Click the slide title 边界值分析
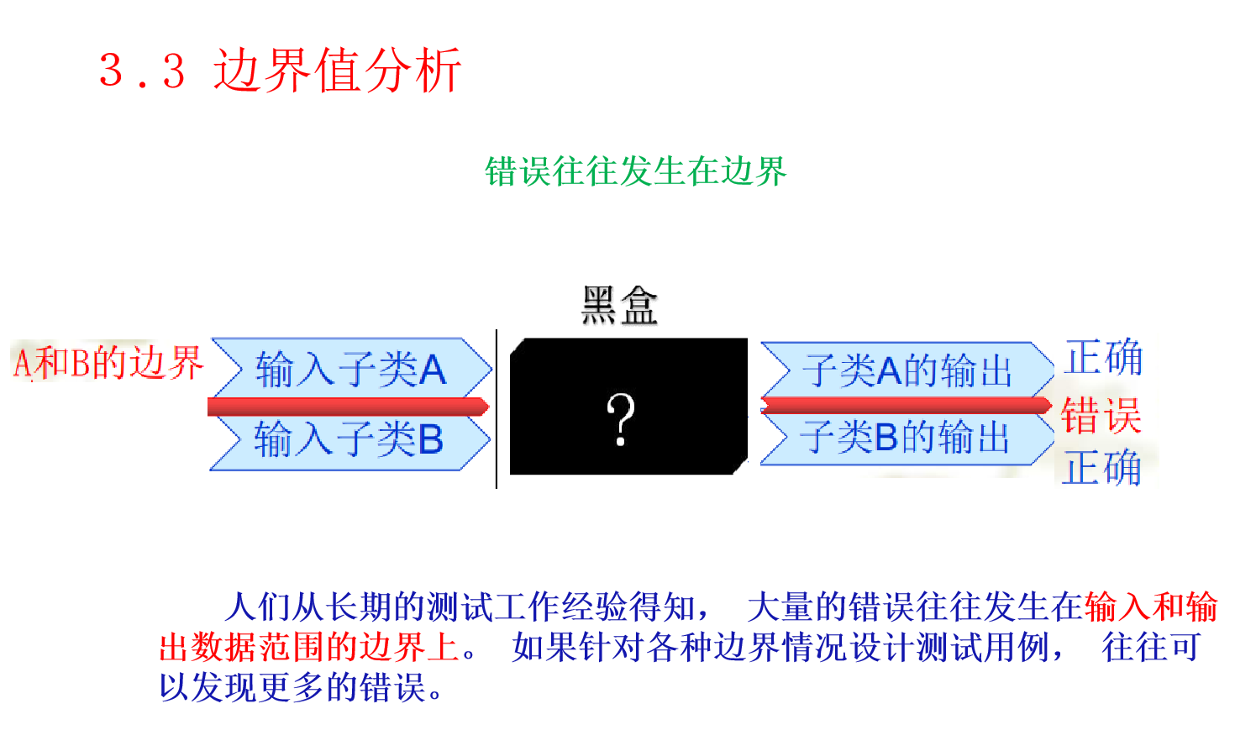(x=337, y=70)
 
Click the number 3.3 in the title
(x=142, y=71)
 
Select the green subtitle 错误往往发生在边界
(x=635, y=171)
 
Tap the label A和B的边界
(x=108, y=363)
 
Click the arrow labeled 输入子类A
(x=350, y=369)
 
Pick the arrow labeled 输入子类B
(x=349, y=439)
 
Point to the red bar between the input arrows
(x=347, y=407)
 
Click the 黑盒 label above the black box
(x=620, y=305)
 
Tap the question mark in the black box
(x=621, y=419)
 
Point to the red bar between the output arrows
(x=906, y=405)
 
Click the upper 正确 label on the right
(x=1103, y=357)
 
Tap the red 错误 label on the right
(x=1101, y=415)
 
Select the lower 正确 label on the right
(x=1101, y=467)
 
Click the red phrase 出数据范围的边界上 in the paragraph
(x=309, y=648)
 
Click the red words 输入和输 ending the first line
(x=1150, y=607)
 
